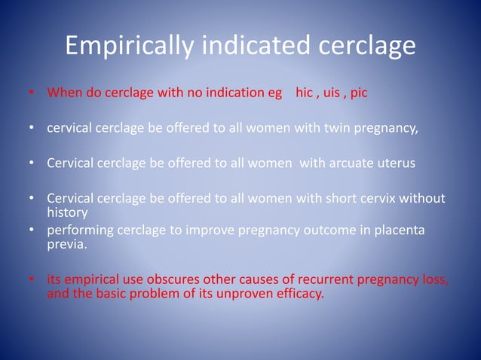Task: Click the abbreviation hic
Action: click(x=304, y=94)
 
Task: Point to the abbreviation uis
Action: click(x=331, y=94)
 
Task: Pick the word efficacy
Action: click(x=299, y=294)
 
